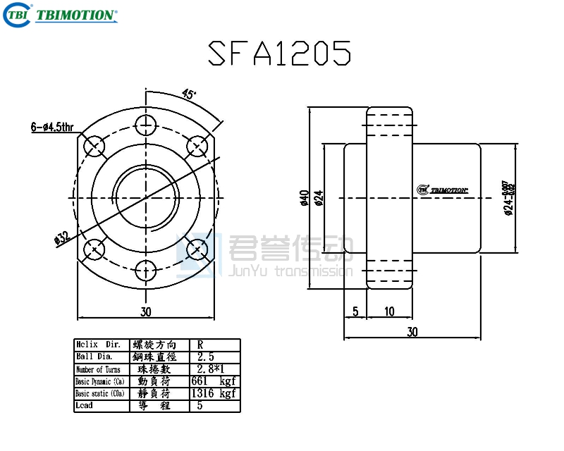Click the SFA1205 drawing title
tap(280, 52)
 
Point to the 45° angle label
tap(189, 94)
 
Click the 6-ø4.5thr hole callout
tap(52, 127)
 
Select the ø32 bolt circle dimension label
tap(62, 237)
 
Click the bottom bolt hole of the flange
tap(146, 269)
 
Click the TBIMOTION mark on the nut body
tap(443, 189)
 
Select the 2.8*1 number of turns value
tap(211, 369)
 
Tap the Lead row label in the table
tap(84, 405)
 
